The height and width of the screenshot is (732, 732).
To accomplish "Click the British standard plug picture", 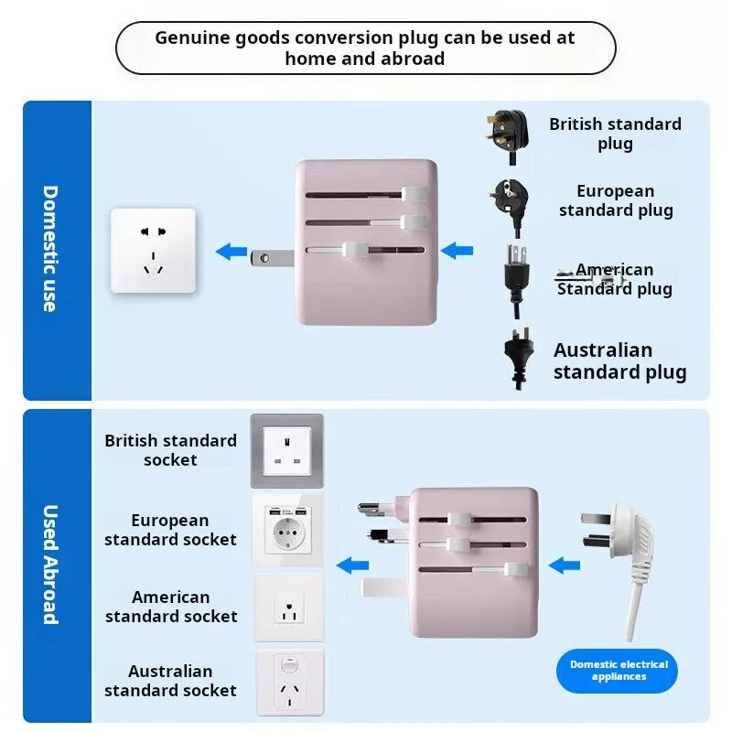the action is tap(508, 136).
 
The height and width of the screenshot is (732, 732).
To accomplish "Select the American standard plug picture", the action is tap(516, 280).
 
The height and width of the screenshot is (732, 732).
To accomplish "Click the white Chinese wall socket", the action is tap(153, 251).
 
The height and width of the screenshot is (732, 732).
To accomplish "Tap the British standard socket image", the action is tap(287, 451).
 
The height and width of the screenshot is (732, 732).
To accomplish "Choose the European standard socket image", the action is tap(288, 531).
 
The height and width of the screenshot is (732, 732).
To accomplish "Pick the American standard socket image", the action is tap(288, 608).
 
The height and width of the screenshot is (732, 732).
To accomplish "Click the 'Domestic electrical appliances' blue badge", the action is tap(617, 671).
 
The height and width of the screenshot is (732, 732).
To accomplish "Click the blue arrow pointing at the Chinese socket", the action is tap(231, 251).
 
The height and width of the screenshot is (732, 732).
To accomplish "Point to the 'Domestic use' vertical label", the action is tap(50, 249).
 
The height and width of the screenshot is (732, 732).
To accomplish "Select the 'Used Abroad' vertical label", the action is tap(50, 564).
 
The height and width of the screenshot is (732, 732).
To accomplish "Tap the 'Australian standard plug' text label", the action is tap(620, 361).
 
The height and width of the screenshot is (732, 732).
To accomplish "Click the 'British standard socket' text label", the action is tap(170, 450).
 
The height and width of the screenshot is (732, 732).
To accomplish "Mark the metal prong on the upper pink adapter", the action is tap(272, 258).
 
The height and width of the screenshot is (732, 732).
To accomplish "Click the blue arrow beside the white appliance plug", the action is tap(565, 565).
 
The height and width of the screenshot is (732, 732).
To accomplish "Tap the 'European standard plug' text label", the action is tap(616, 200).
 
